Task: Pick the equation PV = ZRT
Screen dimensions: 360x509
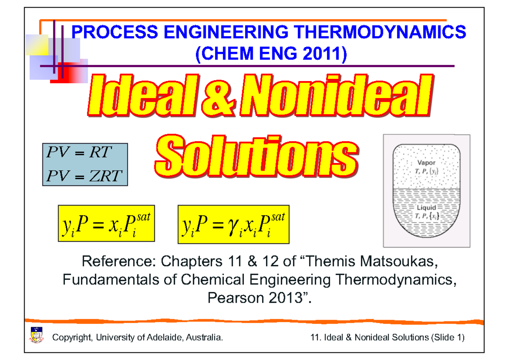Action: pos(84,175)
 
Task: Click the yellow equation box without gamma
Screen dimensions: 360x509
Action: pos(106,225)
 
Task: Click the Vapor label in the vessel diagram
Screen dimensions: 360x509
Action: pos(426,163)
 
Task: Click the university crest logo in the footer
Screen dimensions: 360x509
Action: pos(36,335)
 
